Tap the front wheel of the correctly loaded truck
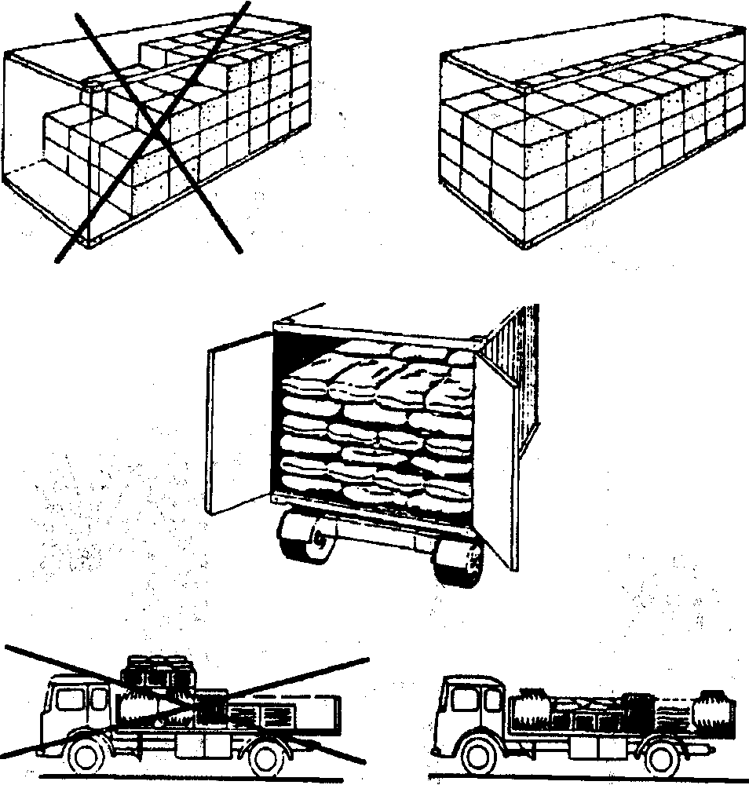coord(478,757)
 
